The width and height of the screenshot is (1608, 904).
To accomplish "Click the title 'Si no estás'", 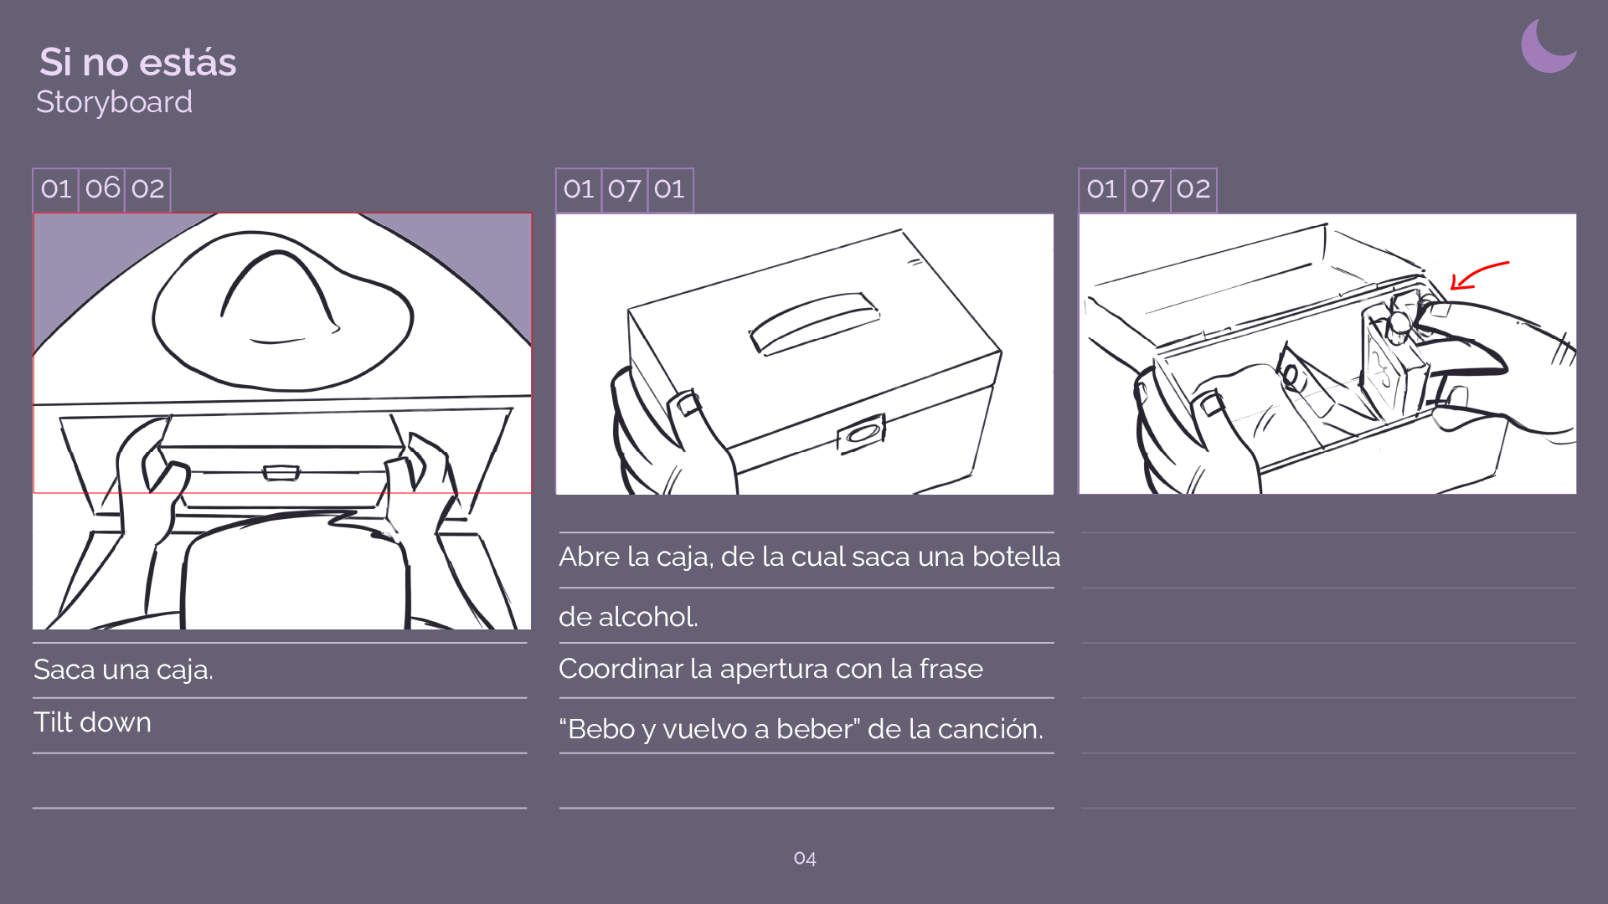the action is click(138, 62).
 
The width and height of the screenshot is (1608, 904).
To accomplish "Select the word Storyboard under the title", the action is click(114, 102).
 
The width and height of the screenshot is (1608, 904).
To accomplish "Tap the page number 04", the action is click(805, 858).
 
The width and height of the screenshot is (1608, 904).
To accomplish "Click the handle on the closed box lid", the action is click(814, 323).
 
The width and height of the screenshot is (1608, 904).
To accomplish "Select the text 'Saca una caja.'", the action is click(123, 670).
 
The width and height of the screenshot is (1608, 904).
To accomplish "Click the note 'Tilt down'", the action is click(92, 722).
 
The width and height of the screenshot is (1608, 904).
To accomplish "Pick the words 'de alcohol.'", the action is click(628, 617).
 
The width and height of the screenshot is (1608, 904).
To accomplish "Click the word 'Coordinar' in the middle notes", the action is click(620, 669).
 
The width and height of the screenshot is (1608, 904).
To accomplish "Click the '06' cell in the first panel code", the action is click(102, 189).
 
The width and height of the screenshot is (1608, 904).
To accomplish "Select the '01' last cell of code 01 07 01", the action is click(669, 189).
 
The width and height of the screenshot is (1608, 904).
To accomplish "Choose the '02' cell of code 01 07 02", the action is click(1193, 189).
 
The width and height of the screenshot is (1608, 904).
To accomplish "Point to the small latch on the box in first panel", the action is click(281, 473).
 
